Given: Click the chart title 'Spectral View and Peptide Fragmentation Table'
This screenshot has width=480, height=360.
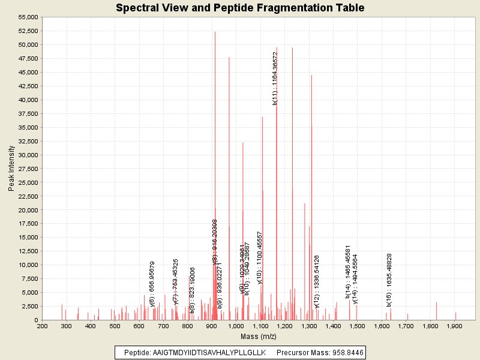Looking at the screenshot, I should point(240,8).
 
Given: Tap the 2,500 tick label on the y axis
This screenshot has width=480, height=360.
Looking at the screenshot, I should point(30,307).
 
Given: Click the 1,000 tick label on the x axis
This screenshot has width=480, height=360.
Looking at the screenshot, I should point(236,327).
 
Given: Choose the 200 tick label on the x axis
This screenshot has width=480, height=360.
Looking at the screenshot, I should point(42,327).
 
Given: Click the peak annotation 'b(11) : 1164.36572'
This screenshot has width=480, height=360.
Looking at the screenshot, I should point(275,79).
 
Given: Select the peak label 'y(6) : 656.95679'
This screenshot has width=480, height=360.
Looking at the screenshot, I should point(152,284).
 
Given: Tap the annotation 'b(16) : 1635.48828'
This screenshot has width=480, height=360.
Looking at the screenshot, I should point(389,280).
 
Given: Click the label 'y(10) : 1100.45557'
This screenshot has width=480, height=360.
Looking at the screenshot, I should point(260,257).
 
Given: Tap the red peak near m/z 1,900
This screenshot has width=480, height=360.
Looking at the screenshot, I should point(455,316).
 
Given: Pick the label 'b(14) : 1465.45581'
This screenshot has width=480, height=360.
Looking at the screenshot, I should point(348,271).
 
